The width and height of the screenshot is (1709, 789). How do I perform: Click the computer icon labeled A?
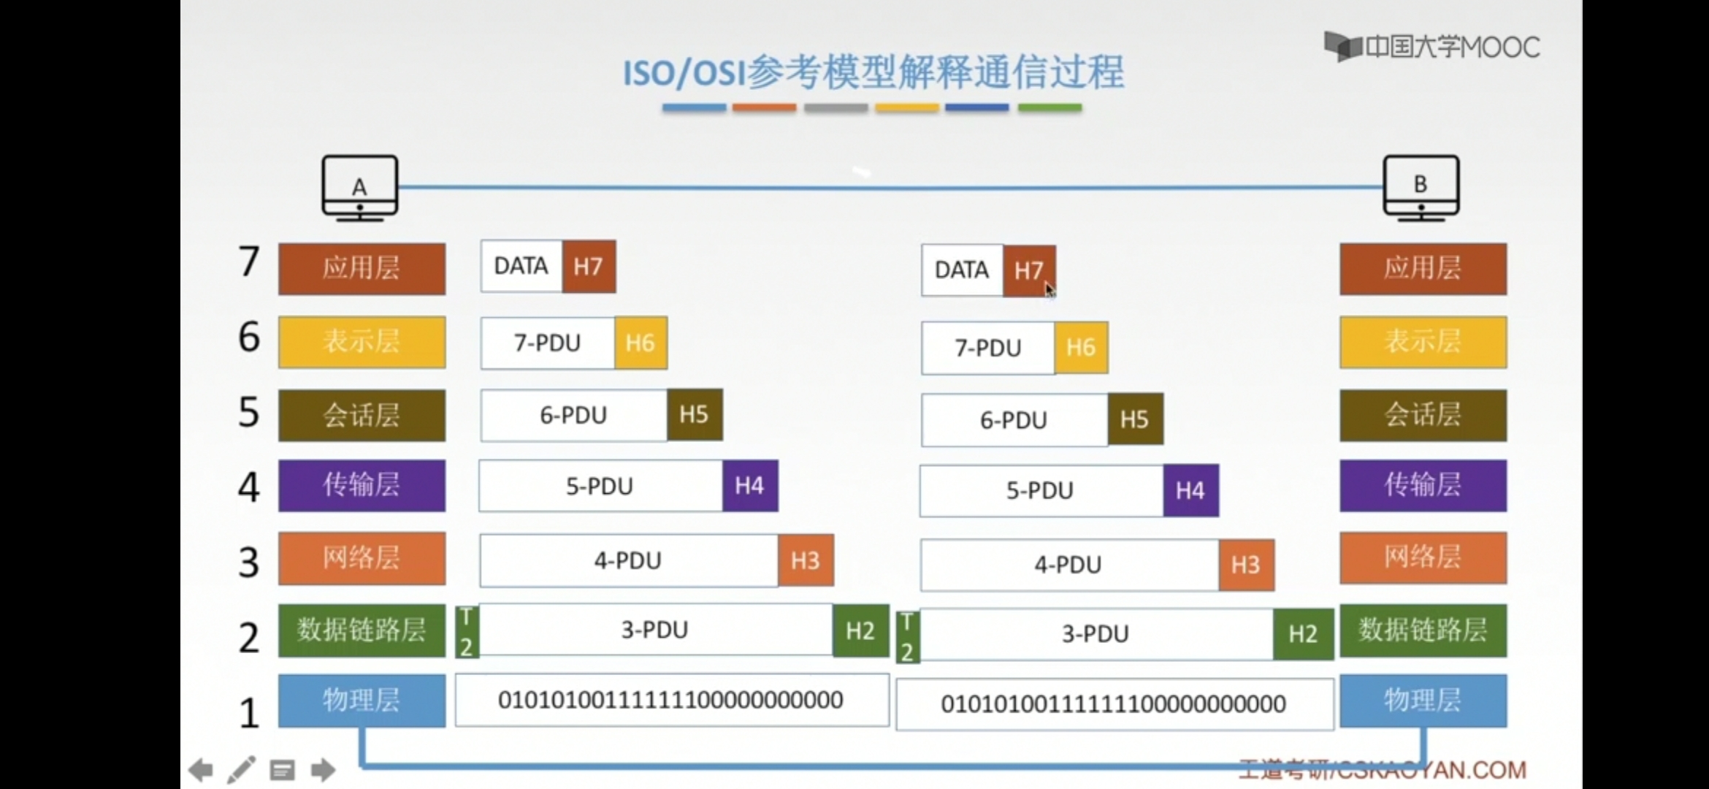pos(360,188)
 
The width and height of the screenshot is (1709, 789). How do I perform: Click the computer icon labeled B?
pos(1421,187)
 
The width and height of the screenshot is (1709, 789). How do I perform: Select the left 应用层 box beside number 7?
pos(362,269)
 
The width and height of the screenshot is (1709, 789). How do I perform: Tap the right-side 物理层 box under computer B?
pos(1423,701)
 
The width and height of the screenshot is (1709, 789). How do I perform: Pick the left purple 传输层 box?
pos(362,485)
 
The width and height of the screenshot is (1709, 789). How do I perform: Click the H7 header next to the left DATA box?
pos(589,267)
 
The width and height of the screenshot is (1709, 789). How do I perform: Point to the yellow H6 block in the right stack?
pos(1081,348)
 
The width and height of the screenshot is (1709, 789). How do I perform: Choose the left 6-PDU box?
pos(573,415)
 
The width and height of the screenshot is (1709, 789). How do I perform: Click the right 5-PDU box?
pos(1041,490)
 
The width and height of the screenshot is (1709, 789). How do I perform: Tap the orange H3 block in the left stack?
pos(806,560)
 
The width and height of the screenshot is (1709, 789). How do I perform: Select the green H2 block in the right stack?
pos(1303,633)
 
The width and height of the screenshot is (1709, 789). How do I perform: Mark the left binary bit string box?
pos(671,700)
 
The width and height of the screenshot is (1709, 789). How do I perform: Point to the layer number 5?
pos(249,412)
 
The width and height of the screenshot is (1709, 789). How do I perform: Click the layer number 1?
pos(249,712)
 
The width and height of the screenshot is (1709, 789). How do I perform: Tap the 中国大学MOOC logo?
pos(1431,47)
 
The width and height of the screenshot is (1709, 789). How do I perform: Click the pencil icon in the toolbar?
pos(241,769)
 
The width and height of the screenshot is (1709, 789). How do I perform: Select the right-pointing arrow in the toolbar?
pos(323,769)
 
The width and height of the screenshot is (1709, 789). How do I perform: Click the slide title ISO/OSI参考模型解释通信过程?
pos(873,72)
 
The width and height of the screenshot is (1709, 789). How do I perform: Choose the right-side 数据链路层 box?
pos(1423,630)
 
